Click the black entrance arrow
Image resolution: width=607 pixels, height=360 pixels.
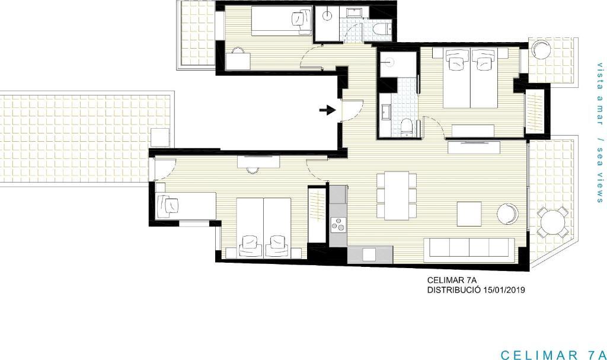pos(327,110)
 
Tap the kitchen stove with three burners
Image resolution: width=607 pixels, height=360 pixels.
pos(338,225)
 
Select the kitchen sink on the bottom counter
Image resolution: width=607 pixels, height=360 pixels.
pos(369,254)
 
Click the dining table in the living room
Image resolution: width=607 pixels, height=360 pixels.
pos(397,195)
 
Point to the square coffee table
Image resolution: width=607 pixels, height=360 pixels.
pos(469,214)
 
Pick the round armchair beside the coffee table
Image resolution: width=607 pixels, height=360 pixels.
pos(508,214)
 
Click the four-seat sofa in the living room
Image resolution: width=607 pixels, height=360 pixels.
pos(469,247)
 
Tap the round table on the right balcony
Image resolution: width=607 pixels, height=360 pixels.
pos(553,222)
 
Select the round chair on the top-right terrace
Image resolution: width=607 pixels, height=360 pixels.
pos(541,49)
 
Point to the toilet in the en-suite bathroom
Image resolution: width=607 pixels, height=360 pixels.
pos(407,128)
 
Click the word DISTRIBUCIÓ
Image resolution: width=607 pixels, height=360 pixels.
pos(453,289)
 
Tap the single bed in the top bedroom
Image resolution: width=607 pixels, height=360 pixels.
pos(282,21)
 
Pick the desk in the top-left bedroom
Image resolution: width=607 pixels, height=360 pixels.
pos(237,62)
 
